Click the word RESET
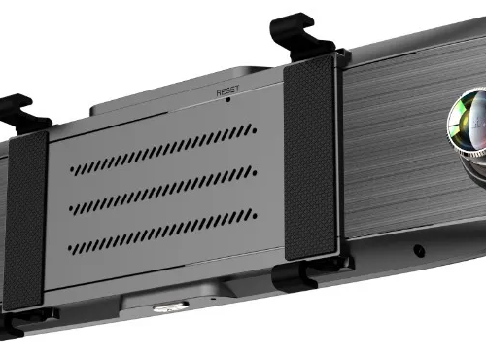227,90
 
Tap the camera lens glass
469,120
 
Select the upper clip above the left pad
22,113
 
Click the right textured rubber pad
309,158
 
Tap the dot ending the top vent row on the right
255,131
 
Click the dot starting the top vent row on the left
72,169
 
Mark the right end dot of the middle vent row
255,173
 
